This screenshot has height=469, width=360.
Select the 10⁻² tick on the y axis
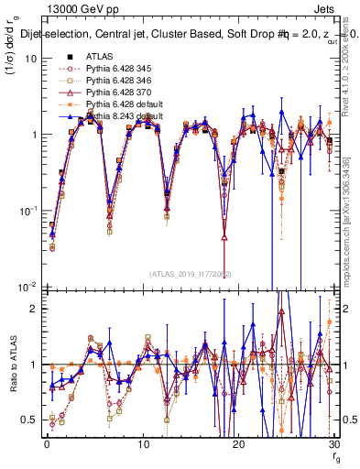27,287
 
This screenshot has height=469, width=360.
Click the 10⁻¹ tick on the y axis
27,211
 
